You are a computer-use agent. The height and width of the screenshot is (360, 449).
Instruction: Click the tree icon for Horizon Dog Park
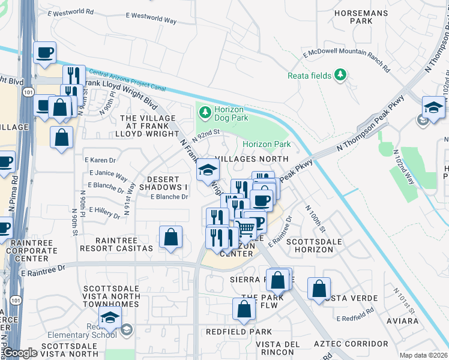pos(205,112)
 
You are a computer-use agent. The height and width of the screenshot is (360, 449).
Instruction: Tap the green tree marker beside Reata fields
pos(341,74)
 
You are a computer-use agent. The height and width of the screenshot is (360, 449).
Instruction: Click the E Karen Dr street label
pos(100,160)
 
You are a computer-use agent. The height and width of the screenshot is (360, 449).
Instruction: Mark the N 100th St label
pos(316,220)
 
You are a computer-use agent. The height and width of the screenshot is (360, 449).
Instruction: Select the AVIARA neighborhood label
pos(402,321)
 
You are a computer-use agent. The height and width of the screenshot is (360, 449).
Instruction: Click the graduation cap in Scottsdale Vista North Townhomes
pos(110,317)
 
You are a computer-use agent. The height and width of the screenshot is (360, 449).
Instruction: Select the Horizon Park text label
pos(267,144)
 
